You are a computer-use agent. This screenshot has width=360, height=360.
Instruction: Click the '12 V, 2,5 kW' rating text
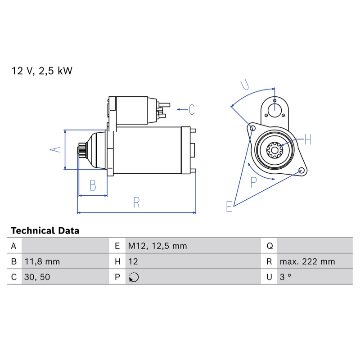pyautogui.click(x=42, y=71)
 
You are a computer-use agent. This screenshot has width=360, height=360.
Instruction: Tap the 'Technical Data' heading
pyautogui.click(x=45, y=230)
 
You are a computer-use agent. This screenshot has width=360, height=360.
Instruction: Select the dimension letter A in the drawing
pyautogui.click(x=55, y=149)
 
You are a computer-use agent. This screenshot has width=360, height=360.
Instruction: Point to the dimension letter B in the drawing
pyautogui.click(x=93, y=185)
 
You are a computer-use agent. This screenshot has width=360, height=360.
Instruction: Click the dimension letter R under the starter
pyautogui.click(x=136, y=202)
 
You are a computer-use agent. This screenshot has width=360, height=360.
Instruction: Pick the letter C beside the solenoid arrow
pyautogui.click(x=192, y=109)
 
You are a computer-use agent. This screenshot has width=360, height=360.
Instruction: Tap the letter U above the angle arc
pyautogui.click(x=245, y=85)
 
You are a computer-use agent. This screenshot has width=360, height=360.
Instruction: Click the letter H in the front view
pyautogui.click(x=308, y=139)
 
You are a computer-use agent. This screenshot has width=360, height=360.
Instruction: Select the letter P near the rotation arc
pyautogui.click(x=253, y=182)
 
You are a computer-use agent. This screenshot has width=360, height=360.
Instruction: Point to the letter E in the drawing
pyautogui.click(x=229, y=206)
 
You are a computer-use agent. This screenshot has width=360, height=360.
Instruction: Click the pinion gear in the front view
pyautogui.click(x=274, y=150)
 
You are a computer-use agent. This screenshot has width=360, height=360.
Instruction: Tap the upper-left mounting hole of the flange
pyautogui.click(x=252, y=128)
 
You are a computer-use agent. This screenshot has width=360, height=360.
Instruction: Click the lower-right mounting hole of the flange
pyautogui.click(x=301, y=171)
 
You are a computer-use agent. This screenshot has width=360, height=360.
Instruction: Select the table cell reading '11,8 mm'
pyautogui.click(x=42, y=261)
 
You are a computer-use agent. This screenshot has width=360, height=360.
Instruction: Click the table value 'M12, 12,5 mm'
pyautogui.click(x=157, y=246)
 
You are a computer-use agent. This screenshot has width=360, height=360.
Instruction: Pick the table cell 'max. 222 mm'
pyautogui.click(x=307, y=261)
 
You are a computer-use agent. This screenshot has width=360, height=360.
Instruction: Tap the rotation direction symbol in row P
pyautogui.click(x=134, y=277)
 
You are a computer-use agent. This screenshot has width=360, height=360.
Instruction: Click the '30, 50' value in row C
pyautogui.click(x=37, y=277)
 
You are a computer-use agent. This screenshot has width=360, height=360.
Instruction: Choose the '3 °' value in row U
pyautogui.click(x=285, y=277)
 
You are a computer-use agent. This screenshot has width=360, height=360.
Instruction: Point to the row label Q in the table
pyautogui.click(x=270, y=246)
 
